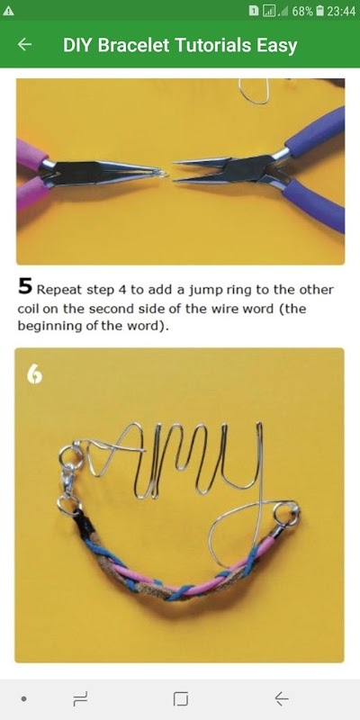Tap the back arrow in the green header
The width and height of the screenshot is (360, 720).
tap(25, 44)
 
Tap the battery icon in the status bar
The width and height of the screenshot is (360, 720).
tap(321, 11)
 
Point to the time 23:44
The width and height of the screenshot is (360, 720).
tap(341, 11)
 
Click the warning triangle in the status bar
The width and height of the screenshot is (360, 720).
tap(8, 11)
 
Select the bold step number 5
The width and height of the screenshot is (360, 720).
tap(25, 286)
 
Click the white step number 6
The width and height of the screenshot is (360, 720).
tap(35, 374)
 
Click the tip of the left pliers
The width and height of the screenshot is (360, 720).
tap(166, 174)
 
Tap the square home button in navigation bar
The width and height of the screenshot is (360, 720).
tap(181, 699)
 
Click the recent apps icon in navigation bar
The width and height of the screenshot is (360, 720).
tap(80, 699)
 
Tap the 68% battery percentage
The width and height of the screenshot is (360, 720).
tap(302, 11)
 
